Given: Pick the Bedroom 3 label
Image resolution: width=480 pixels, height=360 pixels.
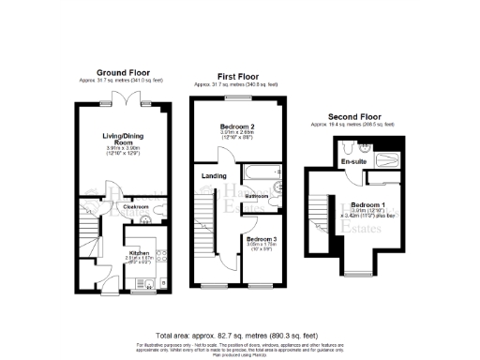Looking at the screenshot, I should tap(262, 239).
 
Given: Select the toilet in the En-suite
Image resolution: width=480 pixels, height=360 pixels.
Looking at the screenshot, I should tap(349, 146).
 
